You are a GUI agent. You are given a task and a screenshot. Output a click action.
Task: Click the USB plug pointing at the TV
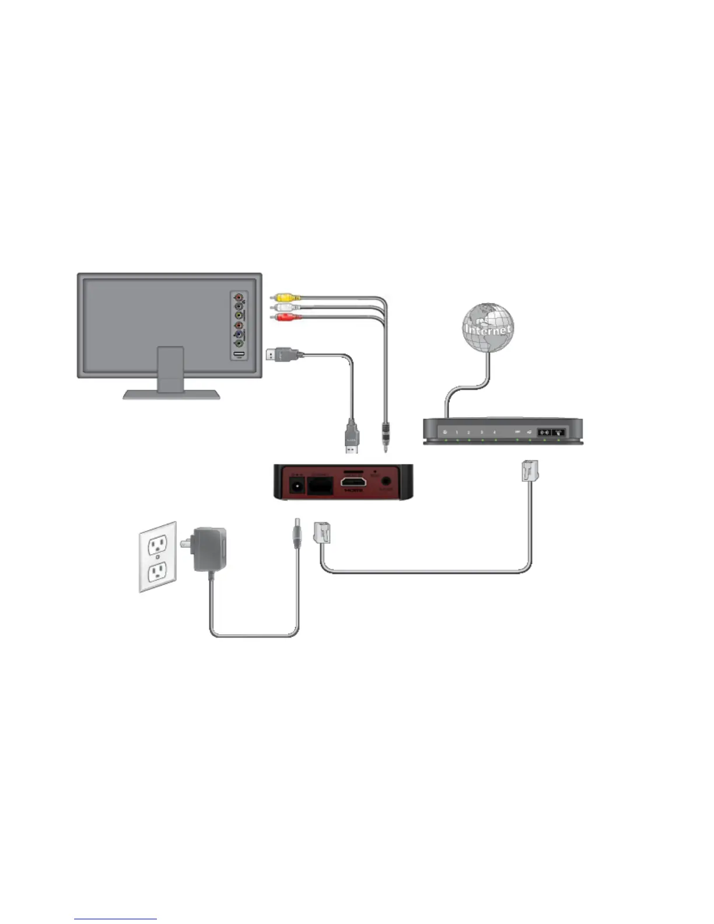point(281,353)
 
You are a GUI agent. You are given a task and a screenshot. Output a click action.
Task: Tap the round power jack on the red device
point(296,485)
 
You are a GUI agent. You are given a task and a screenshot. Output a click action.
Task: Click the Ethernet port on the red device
point(320,485)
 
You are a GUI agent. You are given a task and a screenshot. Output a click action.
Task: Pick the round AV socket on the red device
point(386,482)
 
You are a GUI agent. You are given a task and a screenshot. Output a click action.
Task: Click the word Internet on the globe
point(488,330)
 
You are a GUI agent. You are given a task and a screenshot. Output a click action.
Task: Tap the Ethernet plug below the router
point(530,471)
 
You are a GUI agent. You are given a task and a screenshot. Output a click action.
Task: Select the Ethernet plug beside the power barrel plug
point(322,532)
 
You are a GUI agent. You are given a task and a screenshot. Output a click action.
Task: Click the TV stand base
point(171,394)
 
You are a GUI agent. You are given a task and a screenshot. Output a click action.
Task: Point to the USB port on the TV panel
point(239,353)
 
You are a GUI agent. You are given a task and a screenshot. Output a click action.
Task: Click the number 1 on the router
point(457,432)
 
